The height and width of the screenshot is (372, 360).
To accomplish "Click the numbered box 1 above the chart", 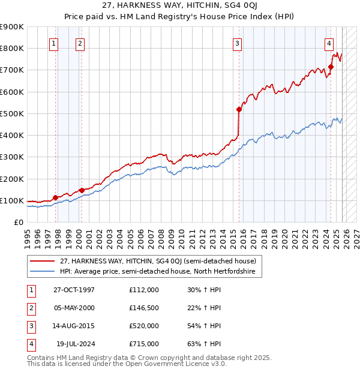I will pos(54,43).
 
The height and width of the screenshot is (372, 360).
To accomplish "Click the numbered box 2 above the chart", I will pos(80,43).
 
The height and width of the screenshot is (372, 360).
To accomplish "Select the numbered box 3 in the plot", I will pos(238,43).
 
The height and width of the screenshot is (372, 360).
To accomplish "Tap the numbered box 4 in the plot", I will pos(329,43).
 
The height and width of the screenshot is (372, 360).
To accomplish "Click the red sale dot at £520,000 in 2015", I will pos(239,109).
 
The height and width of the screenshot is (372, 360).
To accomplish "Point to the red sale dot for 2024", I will pos(331,67).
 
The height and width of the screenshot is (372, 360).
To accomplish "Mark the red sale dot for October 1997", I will pos(55,197).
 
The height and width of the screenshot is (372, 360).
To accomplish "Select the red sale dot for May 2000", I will pos(81,190).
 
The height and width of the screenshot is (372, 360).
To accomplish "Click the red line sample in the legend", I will pos(43,261).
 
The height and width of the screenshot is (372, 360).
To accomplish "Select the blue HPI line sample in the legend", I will pos(43,272).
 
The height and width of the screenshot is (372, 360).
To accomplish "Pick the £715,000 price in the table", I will pos(143,344).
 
